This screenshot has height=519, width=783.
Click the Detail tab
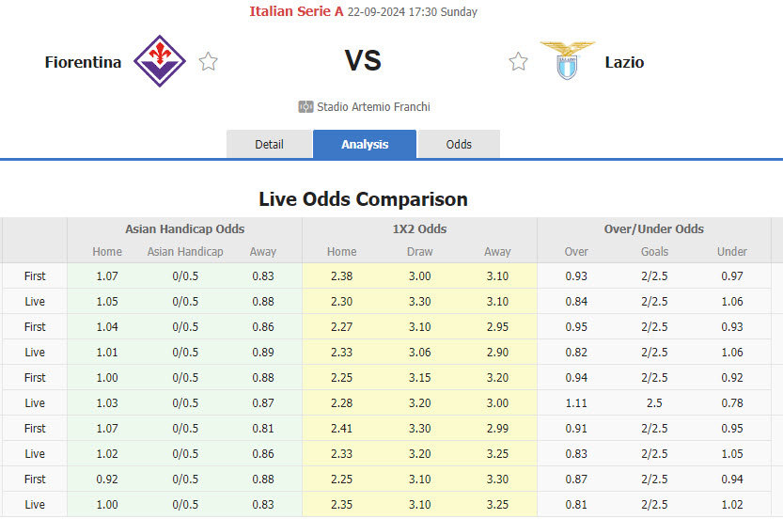pyautogui.click(x=269, y=144)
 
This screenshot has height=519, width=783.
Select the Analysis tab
pyautogui.click(x=365, y=144)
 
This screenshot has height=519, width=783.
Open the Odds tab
pyautogui.click(x=459, y=144)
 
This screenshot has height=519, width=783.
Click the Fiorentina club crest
pyautogui.click(x=160, y=60)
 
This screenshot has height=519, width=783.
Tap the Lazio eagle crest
pyautogui.click(x=567, y=60)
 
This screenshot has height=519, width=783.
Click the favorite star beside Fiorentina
pyautogui.click(x=209, y=62)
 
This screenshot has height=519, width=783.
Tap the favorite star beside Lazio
pyautogui.click(x=518, y=62)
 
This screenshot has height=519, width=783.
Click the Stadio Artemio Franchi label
pyautogui.click(x=373, y=106)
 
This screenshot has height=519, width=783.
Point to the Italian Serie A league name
pyautogui.click(x=296, y=12)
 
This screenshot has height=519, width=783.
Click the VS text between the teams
pyautogui.click(x=363, y=61)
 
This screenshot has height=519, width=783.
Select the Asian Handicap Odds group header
pyautogui.click(x=184, y=228)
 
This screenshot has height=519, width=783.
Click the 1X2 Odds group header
pyautogui.click(x=419, y=228)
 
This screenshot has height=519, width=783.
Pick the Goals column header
pyautogui.click(x=654, y=251)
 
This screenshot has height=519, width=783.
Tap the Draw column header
pyautogui.click(x=419, y=251)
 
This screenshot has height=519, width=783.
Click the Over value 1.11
pyautogui.click(x=576, y=402)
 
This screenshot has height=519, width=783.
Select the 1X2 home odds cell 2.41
pyautogui.click(x=341, y=428)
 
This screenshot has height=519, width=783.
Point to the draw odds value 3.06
pyautogui.click(x=419, y=352)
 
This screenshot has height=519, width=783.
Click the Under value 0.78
pyautogui.click(x=731, y=402)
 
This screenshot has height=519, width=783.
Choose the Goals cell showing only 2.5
pyautogui.click(x=654, y=402)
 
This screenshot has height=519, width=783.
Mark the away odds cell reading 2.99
pyautogui.click(x=497, y=428)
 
